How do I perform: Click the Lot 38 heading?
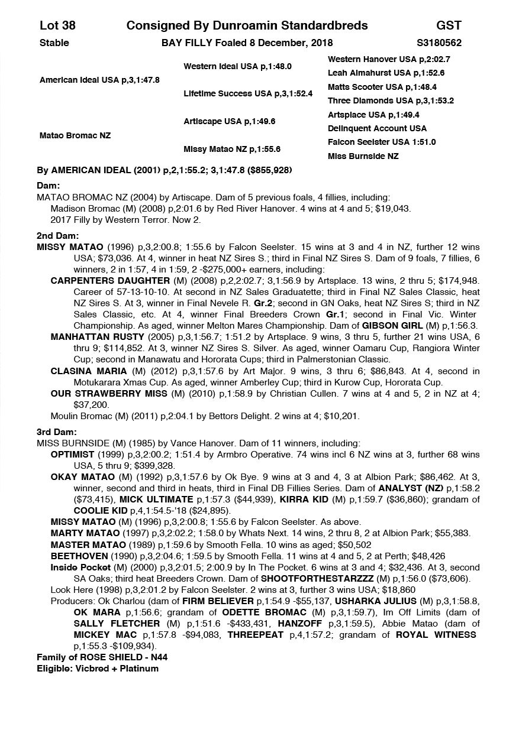click(x=57, y=25)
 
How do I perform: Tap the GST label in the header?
click(x=449, y=25)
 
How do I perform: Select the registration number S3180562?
click(x=439, y=43)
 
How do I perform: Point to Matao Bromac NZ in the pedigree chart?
click(x=75, y=135)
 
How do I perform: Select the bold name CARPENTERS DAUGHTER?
click(x=102, y=280)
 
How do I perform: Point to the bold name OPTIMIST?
click(x=72, y=455)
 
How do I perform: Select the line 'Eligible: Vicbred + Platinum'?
click(x=98, y=669)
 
